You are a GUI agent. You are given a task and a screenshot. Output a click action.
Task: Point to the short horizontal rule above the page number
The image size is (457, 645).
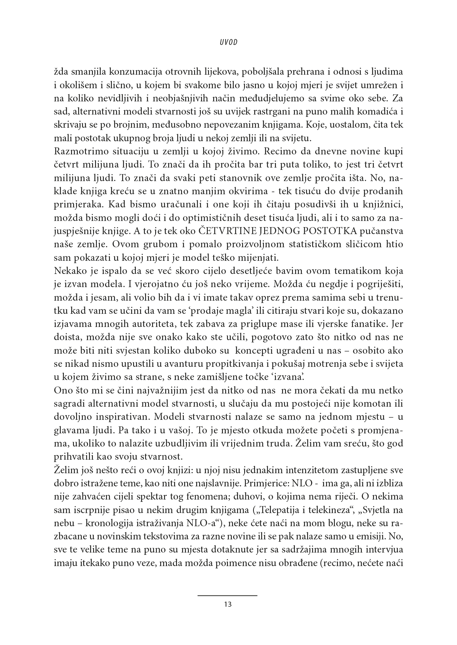(x=228, y=595)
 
